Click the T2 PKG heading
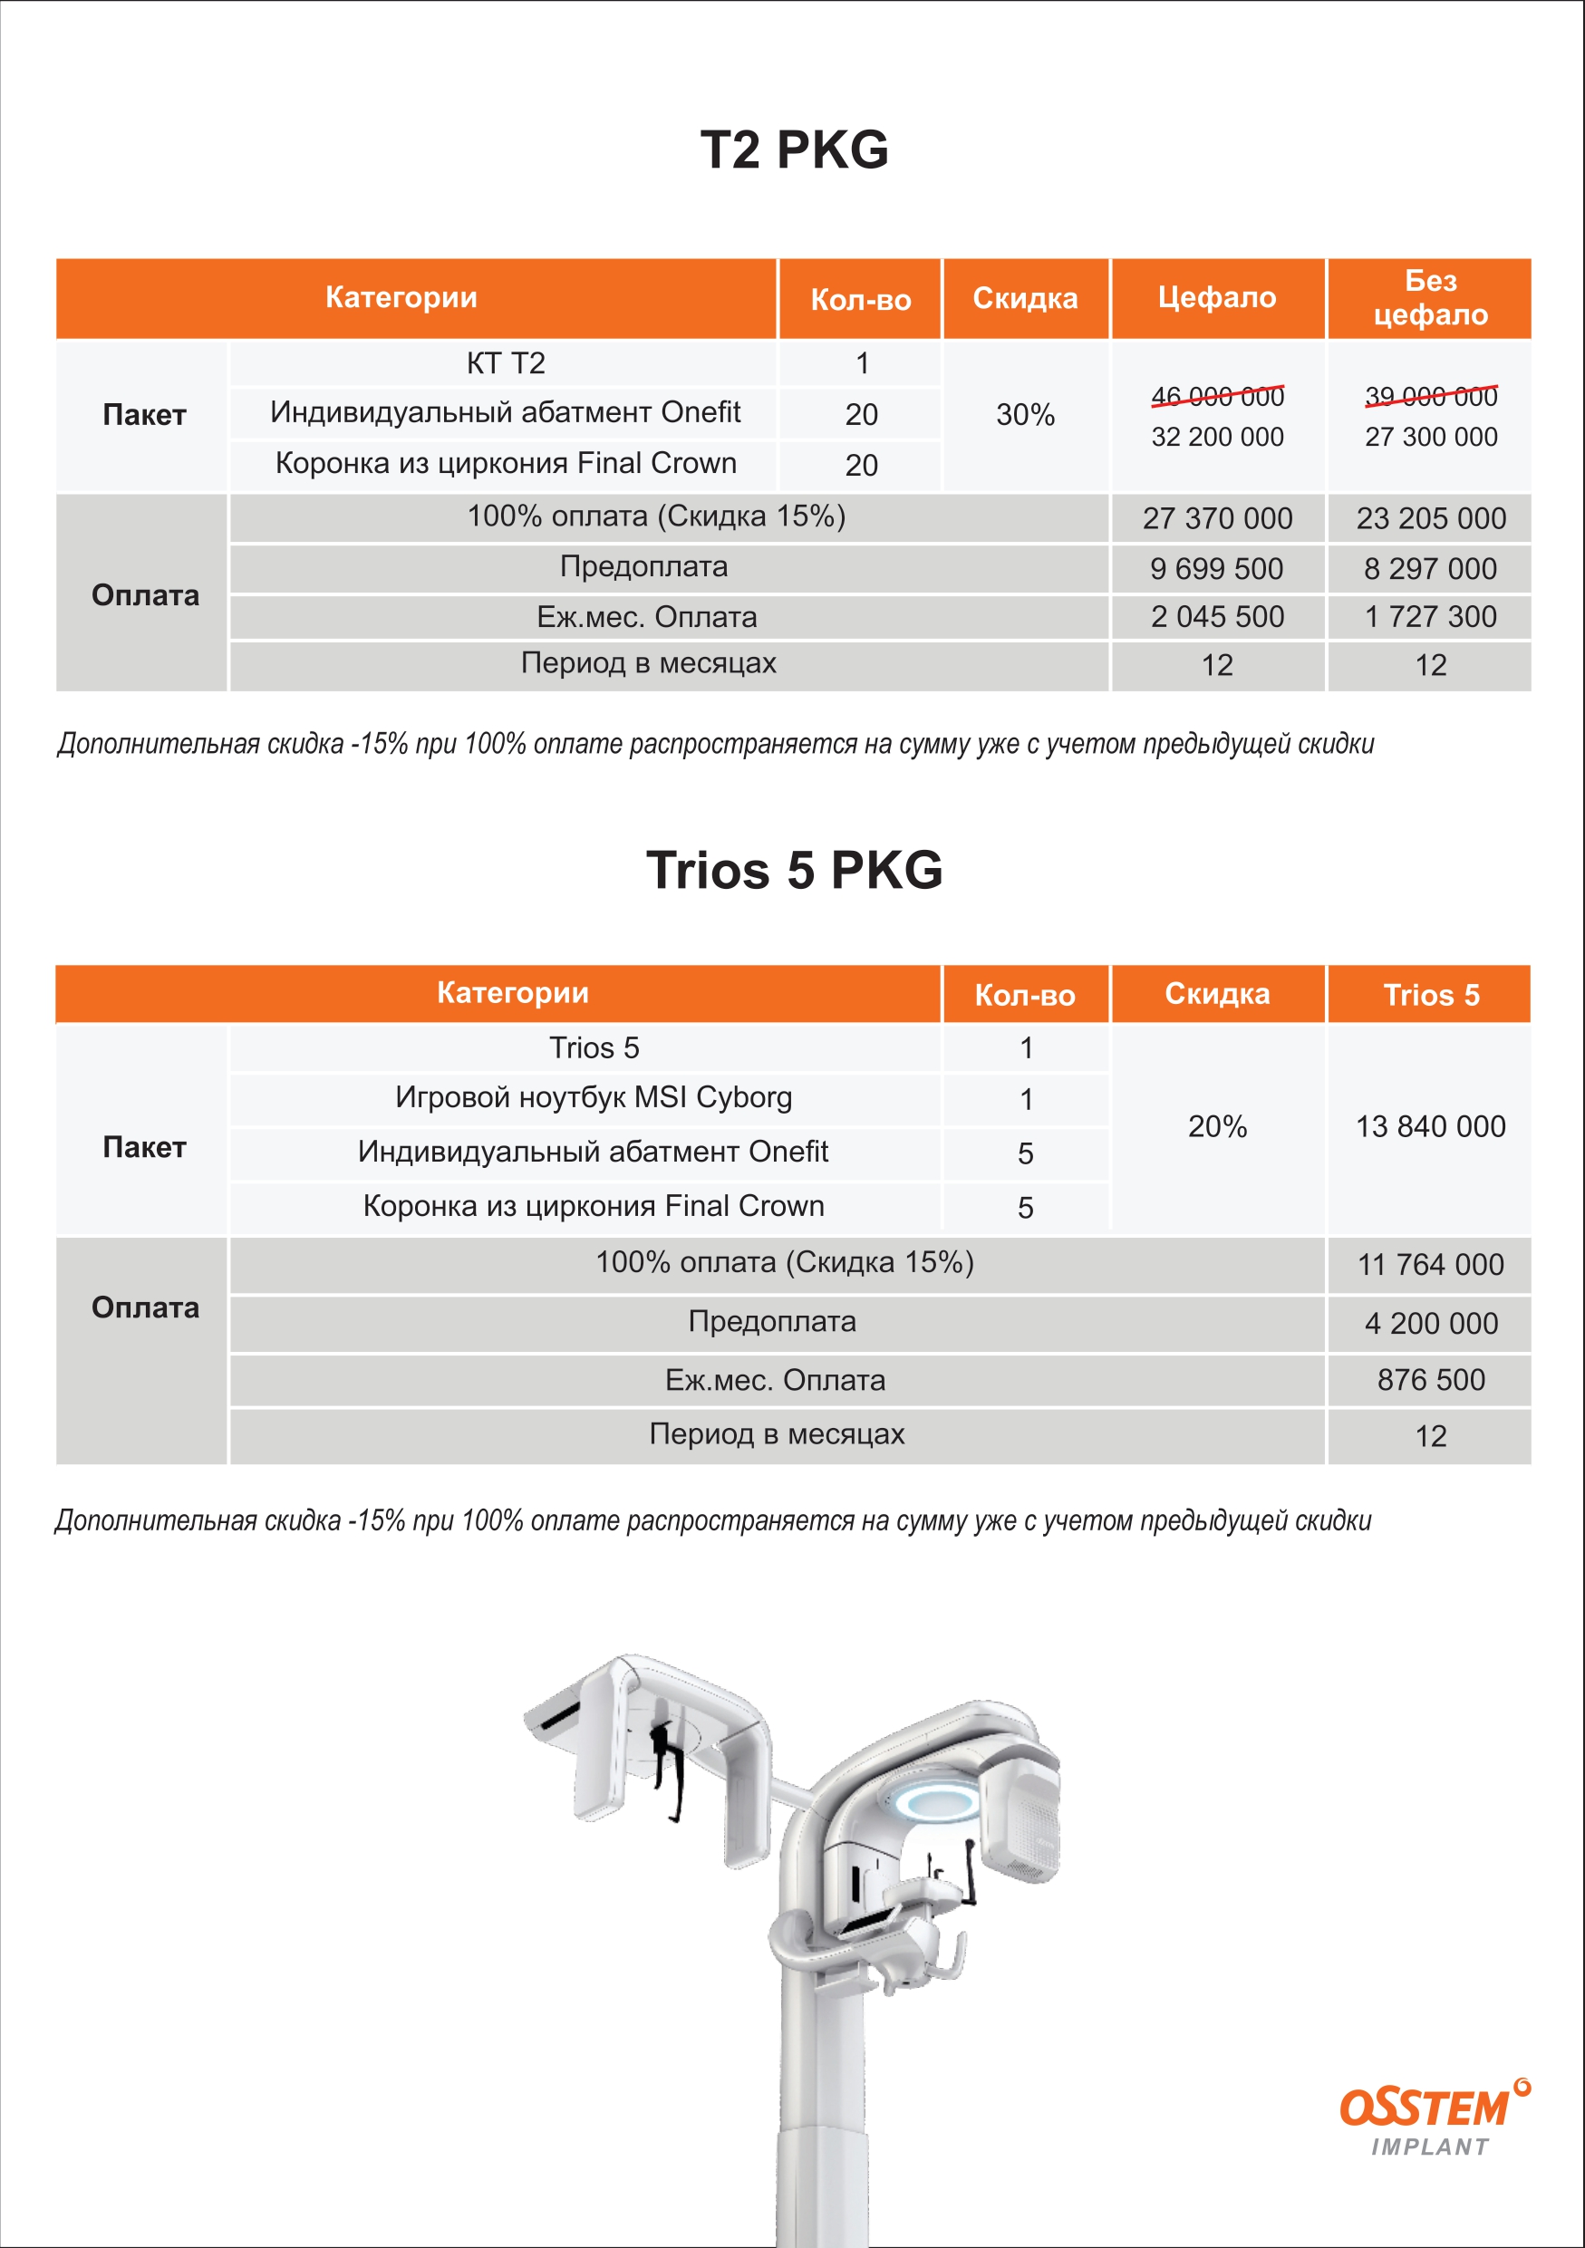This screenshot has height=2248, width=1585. pyautogui.click(x=794, y=150)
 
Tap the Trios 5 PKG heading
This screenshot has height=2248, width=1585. pyautogui.click(x=794, y=870)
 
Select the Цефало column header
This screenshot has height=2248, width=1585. pyautogui.click(x=1217, y=297)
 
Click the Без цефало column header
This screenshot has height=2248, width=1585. pyautogui.click(x=1430, y=297)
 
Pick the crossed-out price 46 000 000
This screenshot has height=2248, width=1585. pyautogui.click(x=1217, y=397)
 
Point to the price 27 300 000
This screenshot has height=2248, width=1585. pyautogui.click(x=1430, y=437)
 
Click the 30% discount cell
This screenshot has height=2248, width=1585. pyautogui.click(x=1025, y=415)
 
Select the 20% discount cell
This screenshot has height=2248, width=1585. pyautogui.click(x=1217, y=1127)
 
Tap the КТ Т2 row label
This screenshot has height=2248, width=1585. pyautogui.click(x=505, y=363)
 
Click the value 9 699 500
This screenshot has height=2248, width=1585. pyautogui.click(x=1217, y=569)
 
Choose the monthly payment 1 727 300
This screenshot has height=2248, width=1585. pyautogui.click(x=1430, y=617)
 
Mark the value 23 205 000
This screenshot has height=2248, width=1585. pyautogui.click(x=1430, y=518)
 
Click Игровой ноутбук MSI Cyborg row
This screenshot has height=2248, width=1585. pyautogui.click(x=594, y=1097)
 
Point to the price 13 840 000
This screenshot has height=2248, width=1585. pyautogui.click(x=1430, y=1127)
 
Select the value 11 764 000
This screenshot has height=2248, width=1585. pyautogui.click(x=1430, y=1265)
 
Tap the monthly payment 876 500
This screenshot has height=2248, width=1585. pyautogui.click(x=1430, y=1381)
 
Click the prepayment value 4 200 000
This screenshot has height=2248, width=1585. pyautogui.click(x=1430, y=1324)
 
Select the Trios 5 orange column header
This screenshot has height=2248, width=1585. pyautogui.click(x=1430, y=995)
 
